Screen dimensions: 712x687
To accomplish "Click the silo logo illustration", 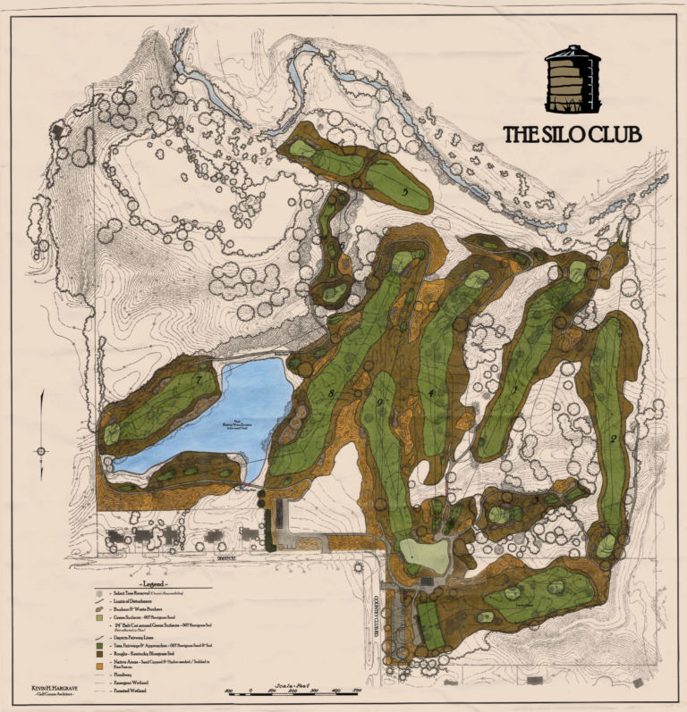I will click(x=572, y=80).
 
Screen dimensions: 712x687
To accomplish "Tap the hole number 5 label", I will click(x=405, y=191).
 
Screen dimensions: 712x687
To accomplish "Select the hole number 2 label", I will click(x=614, y=438).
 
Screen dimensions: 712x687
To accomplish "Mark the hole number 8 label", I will click(x=331, y=394).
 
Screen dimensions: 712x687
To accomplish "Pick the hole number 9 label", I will click(x=379, y=404).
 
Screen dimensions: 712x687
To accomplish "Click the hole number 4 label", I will click(x=431, y=393).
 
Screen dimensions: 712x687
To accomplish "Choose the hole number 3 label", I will click(x=535, y=500).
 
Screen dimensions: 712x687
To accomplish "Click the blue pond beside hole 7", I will click(x=215, y=411).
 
